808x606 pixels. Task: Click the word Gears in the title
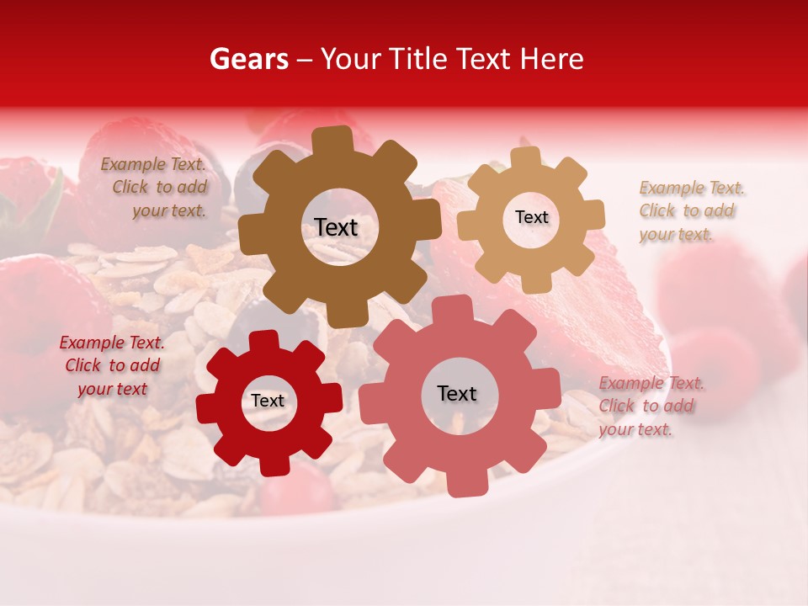point(249,59)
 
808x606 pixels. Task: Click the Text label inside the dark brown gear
point(336,227)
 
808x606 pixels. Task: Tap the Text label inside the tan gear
point(531,217)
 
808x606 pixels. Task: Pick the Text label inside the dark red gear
point(268,401)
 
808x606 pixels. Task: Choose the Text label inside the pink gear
point(456,393)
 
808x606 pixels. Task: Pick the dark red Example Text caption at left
point(113,365)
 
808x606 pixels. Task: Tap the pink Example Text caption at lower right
point(650,406)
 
